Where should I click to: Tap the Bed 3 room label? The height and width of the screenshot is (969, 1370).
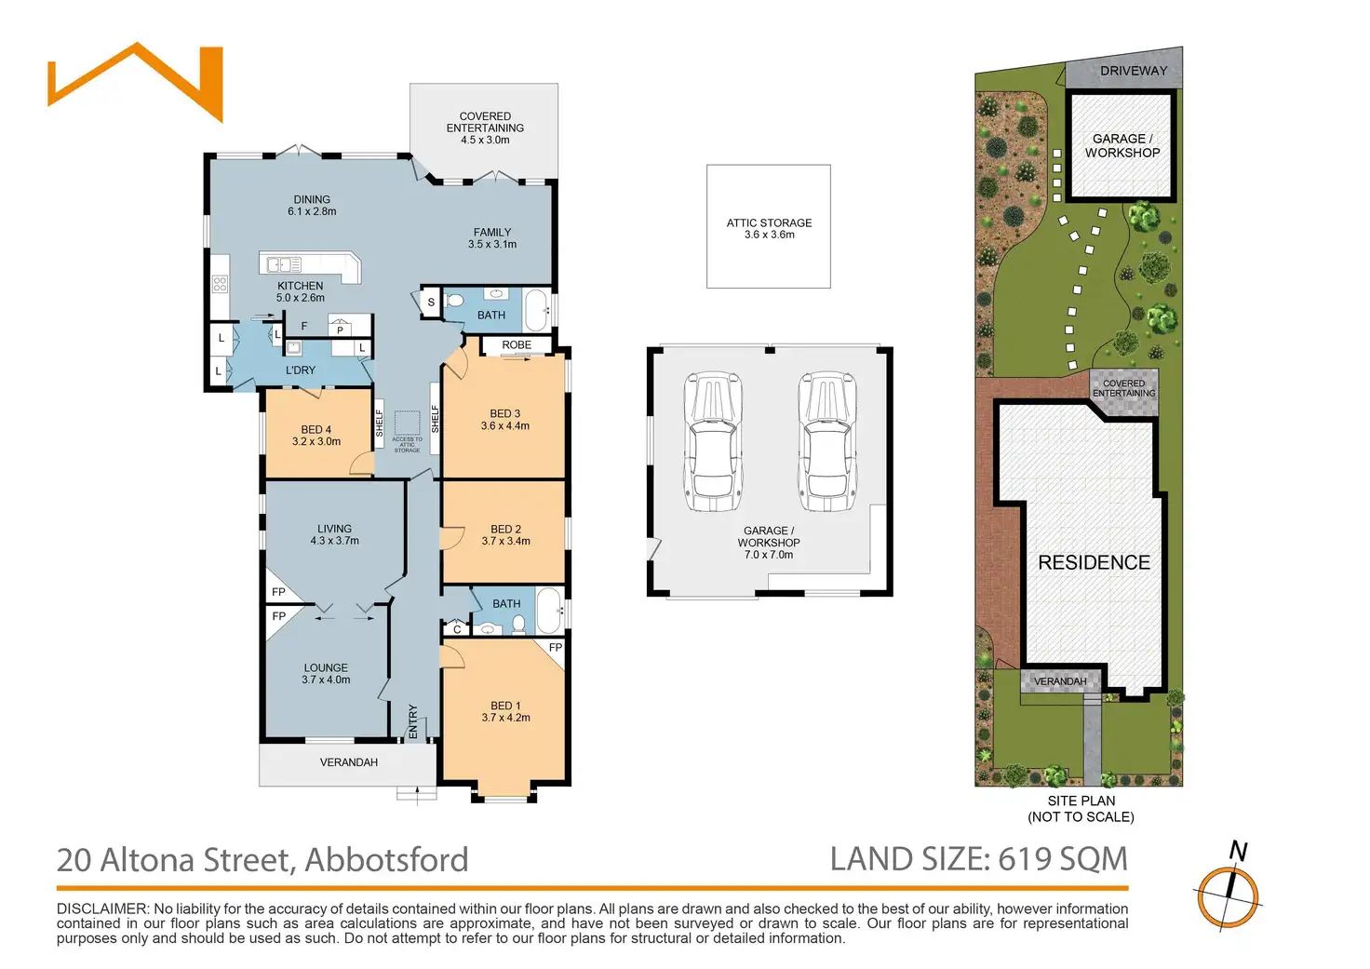504,413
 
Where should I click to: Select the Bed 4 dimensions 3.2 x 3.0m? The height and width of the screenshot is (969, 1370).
316,442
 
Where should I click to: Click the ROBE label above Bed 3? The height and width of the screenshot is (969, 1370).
517,345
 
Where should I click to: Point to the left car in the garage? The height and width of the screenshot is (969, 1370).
713,442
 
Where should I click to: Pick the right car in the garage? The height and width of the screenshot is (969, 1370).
826,442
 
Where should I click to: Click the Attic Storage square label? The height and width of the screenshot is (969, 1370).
769,228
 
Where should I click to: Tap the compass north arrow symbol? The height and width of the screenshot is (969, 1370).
1229,894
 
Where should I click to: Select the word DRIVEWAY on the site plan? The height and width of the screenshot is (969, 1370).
1133,71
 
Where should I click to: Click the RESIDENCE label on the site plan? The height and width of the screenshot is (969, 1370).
1094,562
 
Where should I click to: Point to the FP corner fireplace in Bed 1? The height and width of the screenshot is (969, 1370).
555,649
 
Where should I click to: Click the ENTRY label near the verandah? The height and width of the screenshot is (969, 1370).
413,722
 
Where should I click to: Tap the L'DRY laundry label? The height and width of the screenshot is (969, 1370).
300,370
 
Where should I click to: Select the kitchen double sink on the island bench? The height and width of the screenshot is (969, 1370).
279,264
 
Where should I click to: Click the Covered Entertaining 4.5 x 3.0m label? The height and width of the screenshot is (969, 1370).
485,128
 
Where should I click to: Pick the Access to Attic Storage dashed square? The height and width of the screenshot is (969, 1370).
407,424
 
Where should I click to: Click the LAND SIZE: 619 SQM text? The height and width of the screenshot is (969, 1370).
978,859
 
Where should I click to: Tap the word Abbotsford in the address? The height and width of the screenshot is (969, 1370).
386,860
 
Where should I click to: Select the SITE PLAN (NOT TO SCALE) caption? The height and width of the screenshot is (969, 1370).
1081,809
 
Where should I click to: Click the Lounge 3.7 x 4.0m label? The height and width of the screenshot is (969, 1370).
326,674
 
